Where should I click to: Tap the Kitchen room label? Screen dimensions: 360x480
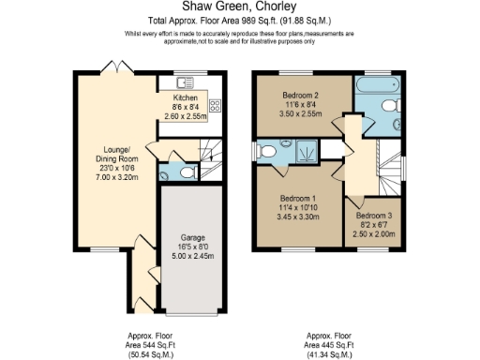point(186,97)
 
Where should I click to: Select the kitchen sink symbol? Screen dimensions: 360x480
point(181,82)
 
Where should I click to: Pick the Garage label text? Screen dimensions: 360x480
point(190,238)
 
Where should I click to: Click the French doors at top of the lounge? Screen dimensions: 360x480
point(111,68)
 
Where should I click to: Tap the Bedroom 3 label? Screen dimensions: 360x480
point(373,216)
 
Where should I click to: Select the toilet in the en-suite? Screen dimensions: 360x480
point(268,151)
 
